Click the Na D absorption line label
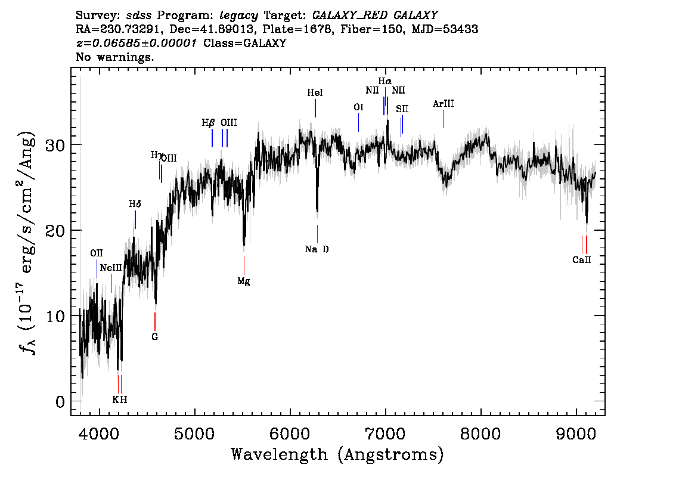[x=317, y=249]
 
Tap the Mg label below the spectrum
[x=243, y=281]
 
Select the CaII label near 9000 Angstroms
[x=581, y=260]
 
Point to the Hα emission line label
[x=385, y=81]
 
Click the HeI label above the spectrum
[x=315, y=93]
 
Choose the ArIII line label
[x=444, y=104]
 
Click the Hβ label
[x=208, y=123]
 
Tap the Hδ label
[x=135, y=204]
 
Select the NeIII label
[x=111, y=268]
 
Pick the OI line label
[x=358, y=107]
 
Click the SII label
[x=402, y=109]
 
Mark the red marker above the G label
[x=155, y=321]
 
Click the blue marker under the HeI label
[x=315, y=108]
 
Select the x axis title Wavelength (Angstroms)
[x=337, y=455]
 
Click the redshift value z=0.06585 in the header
[x=137, y=44]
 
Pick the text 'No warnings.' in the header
[x=115, y=57]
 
